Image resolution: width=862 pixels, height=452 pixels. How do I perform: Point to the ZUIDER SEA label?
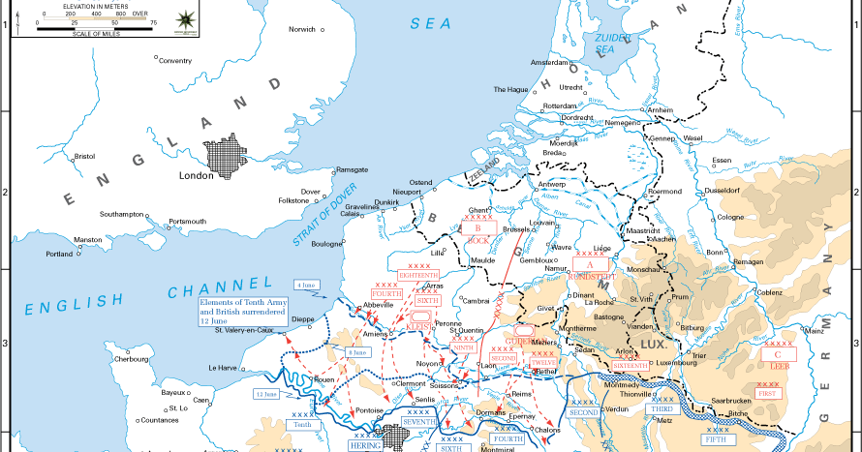605,42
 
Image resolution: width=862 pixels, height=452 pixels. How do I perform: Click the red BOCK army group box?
477,228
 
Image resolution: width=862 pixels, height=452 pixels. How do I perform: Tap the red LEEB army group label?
778,367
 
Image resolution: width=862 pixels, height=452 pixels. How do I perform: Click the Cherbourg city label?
131,359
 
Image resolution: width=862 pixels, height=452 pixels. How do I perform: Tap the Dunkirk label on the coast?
386,202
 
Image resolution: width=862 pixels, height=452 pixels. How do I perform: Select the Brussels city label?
518,229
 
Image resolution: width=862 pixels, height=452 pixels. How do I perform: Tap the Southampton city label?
121,214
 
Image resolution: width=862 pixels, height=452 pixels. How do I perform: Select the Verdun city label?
616,408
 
